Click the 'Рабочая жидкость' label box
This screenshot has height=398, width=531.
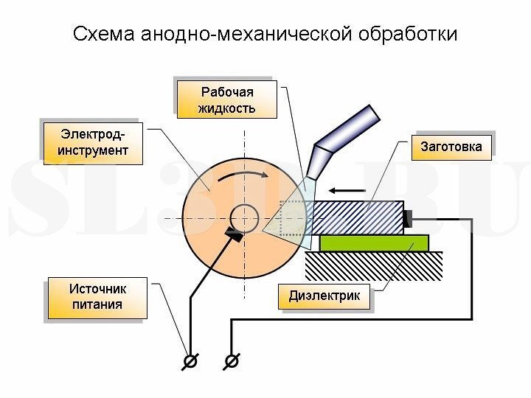coord(226,99)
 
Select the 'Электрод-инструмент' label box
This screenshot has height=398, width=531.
coord(93,142)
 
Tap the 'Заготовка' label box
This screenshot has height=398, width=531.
coord(451,146)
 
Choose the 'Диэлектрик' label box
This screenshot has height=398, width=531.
coord(324,296)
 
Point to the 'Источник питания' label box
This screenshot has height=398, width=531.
coord(97,297)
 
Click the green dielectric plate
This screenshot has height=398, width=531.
coord(373,242)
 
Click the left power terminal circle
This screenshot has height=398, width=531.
coord(191,360)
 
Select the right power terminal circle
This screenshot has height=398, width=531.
coord(232,360)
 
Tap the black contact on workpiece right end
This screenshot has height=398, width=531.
coord(408,218)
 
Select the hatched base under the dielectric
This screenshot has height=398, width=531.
coord(373,265)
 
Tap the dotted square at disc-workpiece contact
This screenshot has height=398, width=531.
coord(293,218)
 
